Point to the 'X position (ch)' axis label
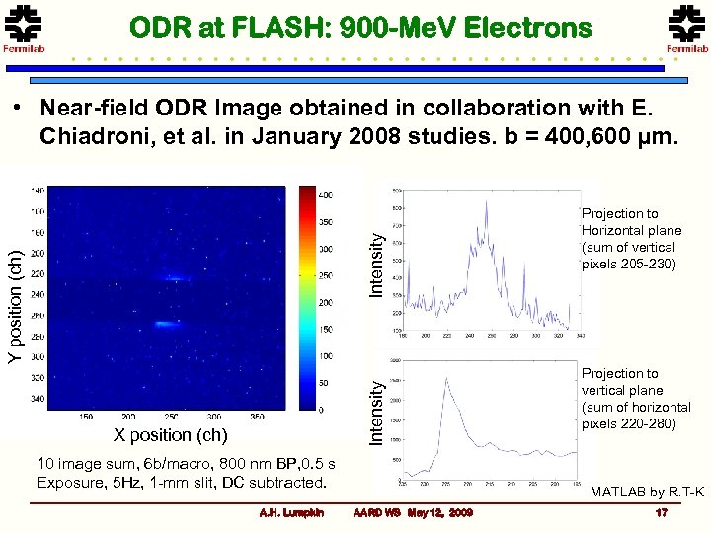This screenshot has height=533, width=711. pyautogui.click(x=170, y=435)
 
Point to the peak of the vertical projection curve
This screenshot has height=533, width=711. pyautogui.click(x=446, y=379)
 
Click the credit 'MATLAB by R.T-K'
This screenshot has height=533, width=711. pyautogui.click(x=647, y=492)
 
